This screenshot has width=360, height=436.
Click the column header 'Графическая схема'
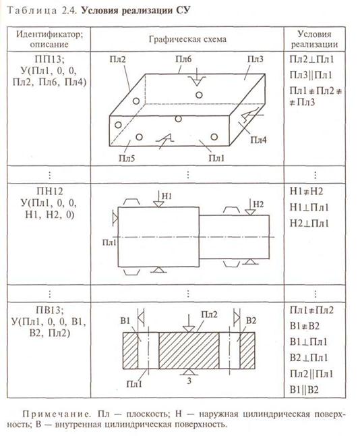pyautogui.click(x=187, y=39)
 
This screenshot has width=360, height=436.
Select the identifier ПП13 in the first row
pyautogui.click(x=49, y=59)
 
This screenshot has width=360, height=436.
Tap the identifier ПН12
pyautogui.click(x=50, y=191)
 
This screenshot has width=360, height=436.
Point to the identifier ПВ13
pyautogui.click(x=50, y=310)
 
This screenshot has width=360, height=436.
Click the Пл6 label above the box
pyautogui.click(x=183, y=59)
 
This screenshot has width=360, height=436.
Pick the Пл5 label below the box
pyautogui.click(x=127, y=158)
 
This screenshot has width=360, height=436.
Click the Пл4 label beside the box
pyautogui.click(x=258, y=140)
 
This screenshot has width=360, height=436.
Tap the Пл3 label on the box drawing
pyautogui.click(x=256, y=59)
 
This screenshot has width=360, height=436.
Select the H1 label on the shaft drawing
pyautogui.click(x=167, y=196)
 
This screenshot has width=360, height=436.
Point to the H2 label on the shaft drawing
pyautogui.click(x=258, y=205)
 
